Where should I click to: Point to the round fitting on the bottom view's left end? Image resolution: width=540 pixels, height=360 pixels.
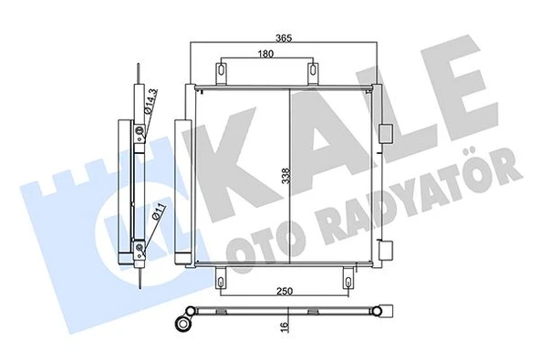(x=185, y=321)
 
